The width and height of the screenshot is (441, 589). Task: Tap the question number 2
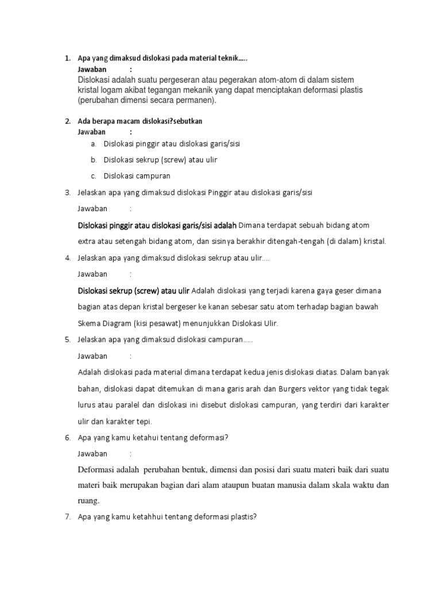click(67, 121)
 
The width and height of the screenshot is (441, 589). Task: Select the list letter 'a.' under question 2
click(94, 143)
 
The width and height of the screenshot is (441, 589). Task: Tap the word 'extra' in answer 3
click(87, 240)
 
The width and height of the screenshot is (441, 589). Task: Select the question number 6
click(67, 438)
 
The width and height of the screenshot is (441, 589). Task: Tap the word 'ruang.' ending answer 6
click(88, 500)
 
